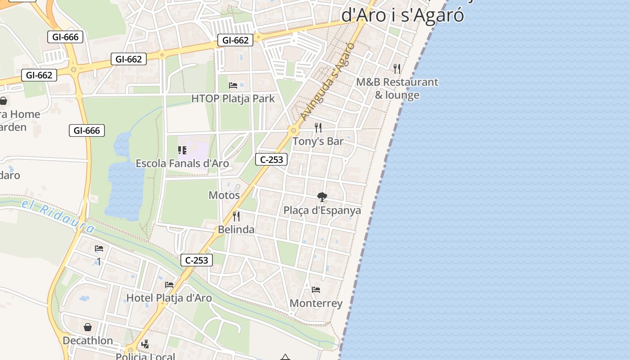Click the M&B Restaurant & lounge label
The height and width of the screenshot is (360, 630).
coord(397,89)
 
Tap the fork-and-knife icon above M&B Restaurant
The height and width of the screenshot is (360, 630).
coord(397,68)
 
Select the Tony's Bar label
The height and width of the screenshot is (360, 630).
coord(318,141)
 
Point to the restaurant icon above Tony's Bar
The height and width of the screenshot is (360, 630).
coord(318,128)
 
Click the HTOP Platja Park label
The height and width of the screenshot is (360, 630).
coord(233,99)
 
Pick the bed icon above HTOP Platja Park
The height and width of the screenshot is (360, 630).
coord(233,85)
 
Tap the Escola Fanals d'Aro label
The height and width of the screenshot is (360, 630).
coord(182,163)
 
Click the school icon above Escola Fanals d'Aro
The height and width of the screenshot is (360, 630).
coord(182,150)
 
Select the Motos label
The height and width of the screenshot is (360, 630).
coord(224,195)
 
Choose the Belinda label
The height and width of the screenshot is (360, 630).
coord(236,229)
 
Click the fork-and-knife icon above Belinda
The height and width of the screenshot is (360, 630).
coord(236,216)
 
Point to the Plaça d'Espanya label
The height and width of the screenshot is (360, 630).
coord(322,210)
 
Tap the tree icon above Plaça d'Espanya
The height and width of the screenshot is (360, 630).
coord(322,197)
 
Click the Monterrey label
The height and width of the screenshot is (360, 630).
coord(316,303)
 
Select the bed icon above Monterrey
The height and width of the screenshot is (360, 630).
coord(316,290)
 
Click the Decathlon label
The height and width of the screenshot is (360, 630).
coord(88,340)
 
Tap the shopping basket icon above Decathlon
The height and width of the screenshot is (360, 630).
coord(88,327)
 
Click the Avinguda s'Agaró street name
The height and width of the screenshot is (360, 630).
coord(327,82)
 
